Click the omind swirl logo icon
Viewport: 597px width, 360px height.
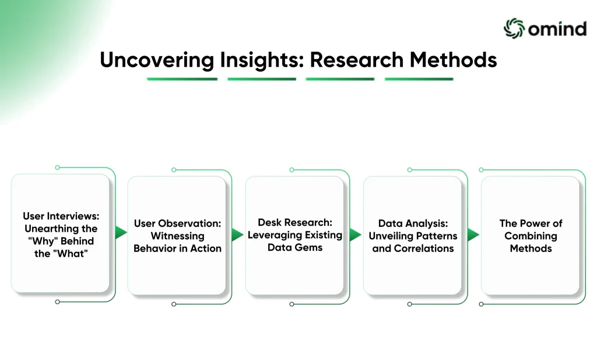(x=514, y=28)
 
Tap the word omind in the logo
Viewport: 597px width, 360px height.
(x=557, y=29)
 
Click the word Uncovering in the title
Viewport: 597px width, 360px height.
(x=157, y=60)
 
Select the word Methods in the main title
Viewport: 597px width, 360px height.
(x=453, y=60)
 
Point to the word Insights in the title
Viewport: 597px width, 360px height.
(x=262, y=60)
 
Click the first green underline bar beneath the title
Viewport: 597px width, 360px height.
(x=182, y=79)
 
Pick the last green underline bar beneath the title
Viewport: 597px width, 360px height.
(x=419, y=79)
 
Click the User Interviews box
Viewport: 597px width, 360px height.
(x=60, y=233)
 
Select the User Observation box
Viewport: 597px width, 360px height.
(x=177, y=235)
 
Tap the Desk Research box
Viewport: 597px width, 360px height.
(x=294, y=235)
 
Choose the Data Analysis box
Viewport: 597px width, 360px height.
(x=412, y=235)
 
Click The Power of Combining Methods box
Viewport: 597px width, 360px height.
(x=531, y=235)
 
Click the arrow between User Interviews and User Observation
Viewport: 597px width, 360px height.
(x=121, y=232)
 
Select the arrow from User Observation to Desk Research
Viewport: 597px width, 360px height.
(x=237, y=235)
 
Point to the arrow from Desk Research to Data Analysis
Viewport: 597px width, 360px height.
(x=355, y=235)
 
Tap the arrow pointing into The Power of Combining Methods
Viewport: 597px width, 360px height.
(x=473, y=235)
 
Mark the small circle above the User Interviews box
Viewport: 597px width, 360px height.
(x=58, y=167)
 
